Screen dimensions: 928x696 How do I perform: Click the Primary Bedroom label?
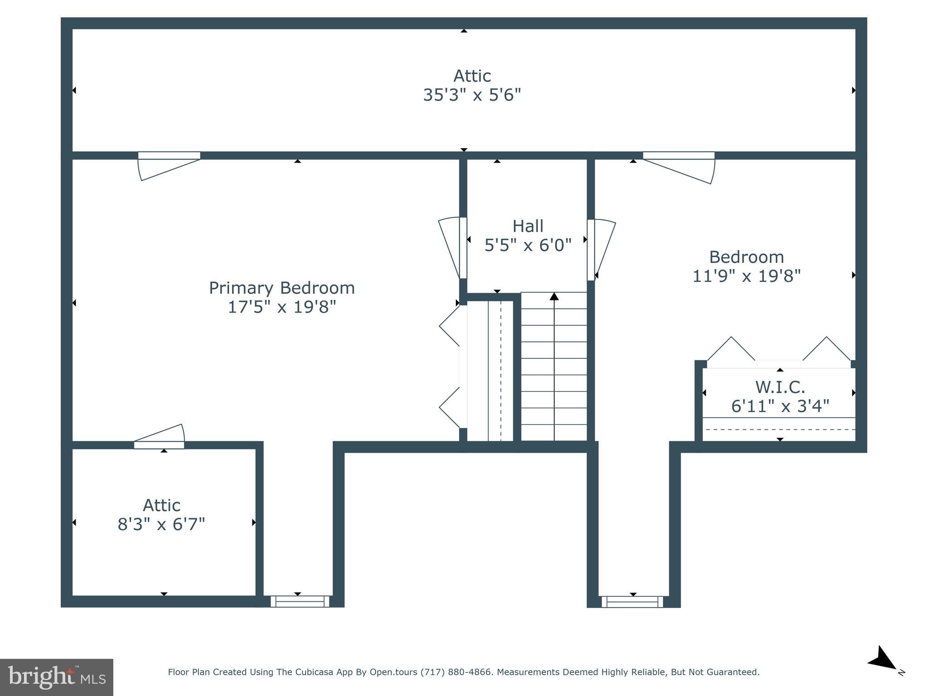281,288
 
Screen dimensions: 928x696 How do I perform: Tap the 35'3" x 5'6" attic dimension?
472,95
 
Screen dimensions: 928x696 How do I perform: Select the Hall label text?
528,226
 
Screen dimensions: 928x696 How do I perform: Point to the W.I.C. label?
780,387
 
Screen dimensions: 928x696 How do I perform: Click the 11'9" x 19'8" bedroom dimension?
746,276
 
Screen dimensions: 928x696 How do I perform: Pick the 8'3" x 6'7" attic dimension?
161,524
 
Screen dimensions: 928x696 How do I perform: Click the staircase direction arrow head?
554,296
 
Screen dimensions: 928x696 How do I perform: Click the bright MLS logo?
57,677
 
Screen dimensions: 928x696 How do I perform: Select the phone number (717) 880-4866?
456,672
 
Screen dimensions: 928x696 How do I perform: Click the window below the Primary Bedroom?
300,601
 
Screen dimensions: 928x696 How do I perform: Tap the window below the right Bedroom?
632,602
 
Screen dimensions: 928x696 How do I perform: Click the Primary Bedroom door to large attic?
169,166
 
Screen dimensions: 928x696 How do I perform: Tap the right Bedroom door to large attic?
679,168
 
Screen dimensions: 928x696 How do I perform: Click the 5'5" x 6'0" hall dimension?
528,245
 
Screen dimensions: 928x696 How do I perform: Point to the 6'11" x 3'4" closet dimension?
780,406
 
